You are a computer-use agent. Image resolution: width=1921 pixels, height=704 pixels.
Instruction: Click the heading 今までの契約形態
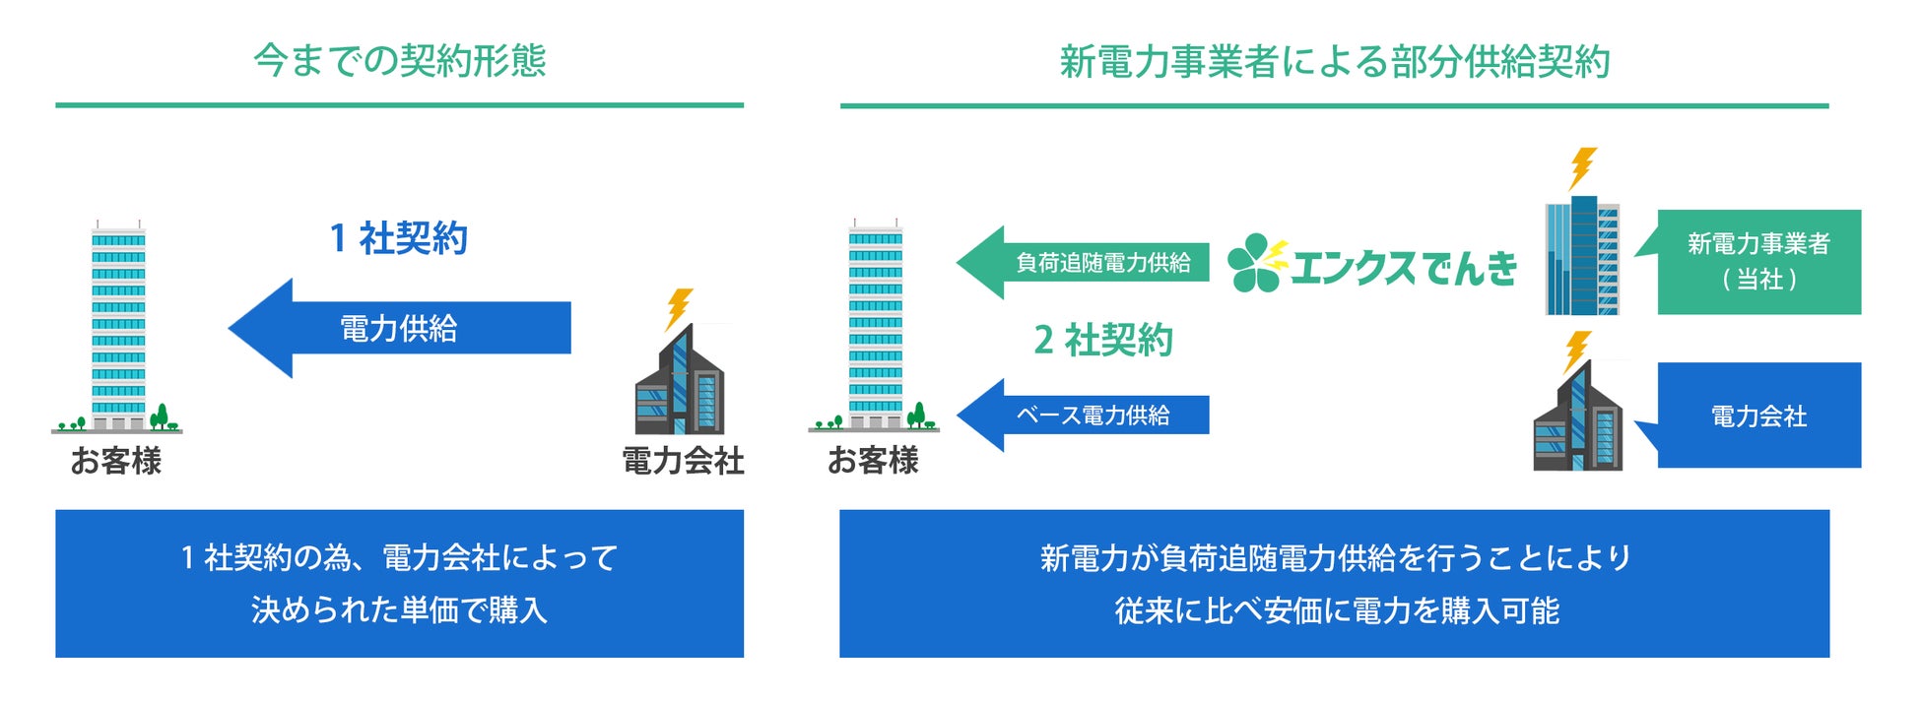tap(399, 61)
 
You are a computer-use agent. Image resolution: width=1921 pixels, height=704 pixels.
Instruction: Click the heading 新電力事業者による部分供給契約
tap(1334, 62)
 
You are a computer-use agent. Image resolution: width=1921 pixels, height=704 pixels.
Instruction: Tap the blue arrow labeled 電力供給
tap(399, 328)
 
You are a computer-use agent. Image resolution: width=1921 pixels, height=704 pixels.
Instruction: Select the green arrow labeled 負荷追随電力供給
tap(1084, 263)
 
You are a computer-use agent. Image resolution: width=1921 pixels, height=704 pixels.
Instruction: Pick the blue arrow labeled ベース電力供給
tap(1084, 416)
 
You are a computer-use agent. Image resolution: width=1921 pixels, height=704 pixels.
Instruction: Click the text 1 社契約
tap(399, 238)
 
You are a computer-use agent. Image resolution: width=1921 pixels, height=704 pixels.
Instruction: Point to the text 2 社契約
tap(1103, 341)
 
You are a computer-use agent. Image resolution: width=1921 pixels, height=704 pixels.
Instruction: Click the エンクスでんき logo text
tap(1404, 267)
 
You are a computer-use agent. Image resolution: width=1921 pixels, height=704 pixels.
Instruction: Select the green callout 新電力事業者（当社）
tap(1758, 262)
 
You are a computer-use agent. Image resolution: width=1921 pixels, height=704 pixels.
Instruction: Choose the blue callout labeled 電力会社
tap(1758, 416)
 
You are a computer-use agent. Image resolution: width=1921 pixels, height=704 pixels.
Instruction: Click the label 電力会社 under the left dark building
tap(683, 461)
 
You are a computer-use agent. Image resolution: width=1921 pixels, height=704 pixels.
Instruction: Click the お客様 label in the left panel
tap(116, 461)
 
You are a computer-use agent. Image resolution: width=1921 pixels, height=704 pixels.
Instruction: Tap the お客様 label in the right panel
tap(873, 461)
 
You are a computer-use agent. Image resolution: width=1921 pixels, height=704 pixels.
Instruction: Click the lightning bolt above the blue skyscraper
tap(1581, 167)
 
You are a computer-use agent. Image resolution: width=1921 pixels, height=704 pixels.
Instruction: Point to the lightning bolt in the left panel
tap(679, 307)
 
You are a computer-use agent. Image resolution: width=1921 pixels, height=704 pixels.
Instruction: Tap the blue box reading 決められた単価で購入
tap(399, 583)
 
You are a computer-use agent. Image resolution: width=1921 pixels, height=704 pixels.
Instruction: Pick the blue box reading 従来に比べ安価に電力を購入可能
tap(1334, 583)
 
